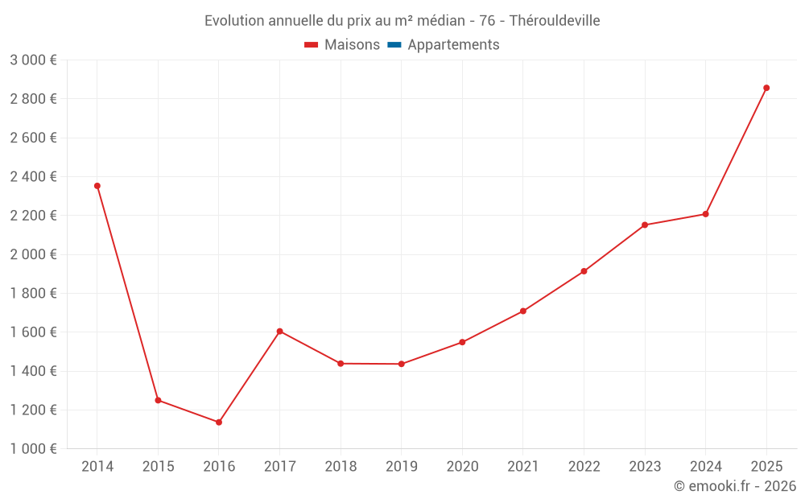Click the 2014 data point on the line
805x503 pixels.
(97, 186)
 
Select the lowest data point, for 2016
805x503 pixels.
(219, 422)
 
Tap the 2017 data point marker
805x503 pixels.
(279, 331)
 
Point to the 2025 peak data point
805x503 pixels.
(766, 88)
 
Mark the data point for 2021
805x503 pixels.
(523, 311)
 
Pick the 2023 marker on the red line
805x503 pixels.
(645, 225)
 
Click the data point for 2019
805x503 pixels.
(402, 364)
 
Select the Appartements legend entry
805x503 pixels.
(453, 45)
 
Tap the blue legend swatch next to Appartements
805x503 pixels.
(394, 45)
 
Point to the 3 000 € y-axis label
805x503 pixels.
(33, 60)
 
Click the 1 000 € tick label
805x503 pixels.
(33, 449)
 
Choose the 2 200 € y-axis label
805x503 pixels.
(33, 216)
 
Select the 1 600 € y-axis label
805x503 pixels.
(33, 332)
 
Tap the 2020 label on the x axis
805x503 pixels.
(462, 467)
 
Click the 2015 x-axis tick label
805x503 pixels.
(158, 467)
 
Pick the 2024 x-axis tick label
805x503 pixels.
(705, 467)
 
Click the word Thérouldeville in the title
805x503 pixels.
(555, 20)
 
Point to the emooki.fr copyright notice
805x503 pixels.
(735, 486)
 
